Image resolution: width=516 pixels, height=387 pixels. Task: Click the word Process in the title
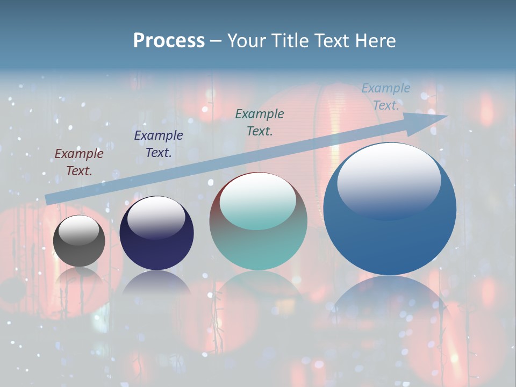coord(169,41)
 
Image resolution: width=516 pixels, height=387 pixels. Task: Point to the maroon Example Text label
coord(79,162)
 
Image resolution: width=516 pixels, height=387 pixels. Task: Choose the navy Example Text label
coord(159,144)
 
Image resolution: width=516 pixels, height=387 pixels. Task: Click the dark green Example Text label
coord(260,122)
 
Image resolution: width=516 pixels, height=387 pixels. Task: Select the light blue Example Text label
coord(386,97)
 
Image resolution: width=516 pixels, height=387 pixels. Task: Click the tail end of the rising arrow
coord(47,199)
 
